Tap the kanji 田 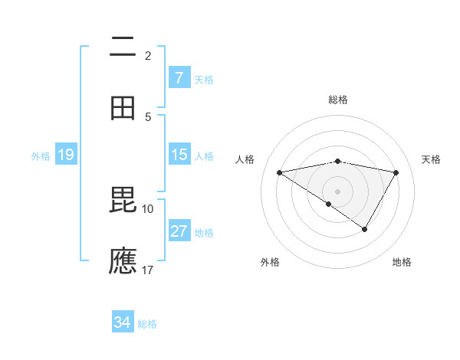pyautogui.click(x=123, y=109)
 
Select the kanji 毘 pyautogui.click(x=123, y=201)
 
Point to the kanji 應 pyautogui.click(x=123, y=261)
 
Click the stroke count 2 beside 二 pyautogui.click(x=148, y=55)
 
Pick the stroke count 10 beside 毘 pyautogui.click(x=148, y=208)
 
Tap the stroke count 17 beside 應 pyautogui.click(x=148, y=270)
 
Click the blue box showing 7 pyautogui.click(x=179, y=78)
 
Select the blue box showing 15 pyautogui.click(x=179, y=155)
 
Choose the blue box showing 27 pyautogui.click(x=179, y=231)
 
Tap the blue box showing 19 pyautogui.click(x=66, y=155)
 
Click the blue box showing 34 pyautogui.click(x=122, y=323)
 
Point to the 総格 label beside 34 pyautogui.click(x=147, y=324)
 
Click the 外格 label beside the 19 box pyautogui.click(x=41, y=155)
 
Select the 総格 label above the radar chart pyautogui.click(x=338, y=100)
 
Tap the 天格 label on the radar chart pyautogui.click(x=432, y=159)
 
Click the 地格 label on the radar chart pyautogui.click(x=402, y=262)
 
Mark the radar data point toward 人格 pyautogui.click(x=280, y=172)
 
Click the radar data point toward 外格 pyautogui.click(x=329, y=204)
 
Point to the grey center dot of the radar pyautogui.click(x=338, y=190)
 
